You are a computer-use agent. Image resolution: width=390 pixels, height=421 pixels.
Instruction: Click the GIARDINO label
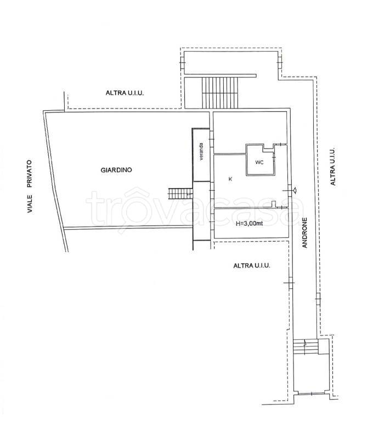click(x=116, y=170)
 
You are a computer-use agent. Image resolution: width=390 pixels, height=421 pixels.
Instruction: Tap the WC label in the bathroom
click(x=259, y=162)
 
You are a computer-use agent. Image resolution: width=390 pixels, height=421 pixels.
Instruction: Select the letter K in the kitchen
click(x=230, y=179)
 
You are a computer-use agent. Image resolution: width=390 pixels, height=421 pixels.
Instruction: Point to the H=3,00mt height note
click(x=249, y=224)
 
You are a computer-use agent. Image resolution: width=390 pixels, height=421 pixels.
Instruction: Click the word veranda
click(x=201, y=152)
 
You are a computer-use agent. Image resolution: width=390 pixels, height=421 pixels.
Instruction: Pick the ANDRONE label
click(x=304, y=232)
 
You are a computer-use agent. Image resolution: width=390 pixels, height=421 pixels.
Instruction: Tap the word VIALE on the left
click(x=30, y=204)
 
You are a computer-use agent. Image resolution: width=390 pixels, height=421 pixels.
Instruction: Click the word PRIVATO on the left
click(x=29, y=173)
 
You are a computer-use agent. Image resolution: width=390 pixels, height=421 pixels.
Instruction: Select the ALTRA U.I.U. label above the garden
click(x=125, y=93)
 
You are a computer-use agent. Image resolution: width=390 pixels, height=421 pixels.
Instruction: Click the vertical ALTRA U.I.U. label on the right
click(x=333, y=166)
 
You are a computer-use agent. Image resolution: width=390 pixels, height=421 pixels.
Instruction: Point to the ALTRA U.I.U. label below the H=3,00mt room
click(x=252, y=265)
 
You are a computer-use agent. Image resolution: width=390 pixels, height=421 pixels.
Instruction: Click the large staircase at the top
click(x=221, y=93)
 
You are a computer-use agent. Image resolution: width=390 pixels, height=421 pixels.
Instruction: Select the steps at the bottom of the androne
click(x=306, y=346)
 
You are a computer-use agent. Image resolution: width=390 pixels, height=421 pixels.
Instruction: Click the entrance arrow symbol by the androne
click(x=295, y=190)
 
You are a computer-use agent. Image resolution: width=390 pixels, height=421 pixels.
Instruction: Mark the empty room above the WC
click(x=250, y=128)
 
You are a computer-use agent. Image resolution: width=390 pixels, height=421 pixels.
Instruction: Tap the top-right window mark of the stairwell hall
click(x=280, y=62)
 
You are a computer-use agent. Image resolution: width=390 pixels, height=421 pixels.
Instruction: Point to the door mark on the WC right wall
click(x=274, y=155)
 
